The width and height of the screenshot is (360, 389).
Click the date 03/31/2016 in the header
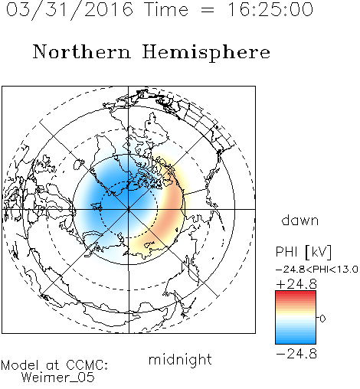[x=69, y=10]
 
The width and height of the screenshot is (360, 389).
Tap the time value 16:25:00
[x=270, y=9]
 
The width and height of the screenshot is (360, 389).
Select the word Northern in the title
[x=82, y=51]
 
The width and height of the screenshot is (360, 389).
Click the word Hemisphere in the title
[x=206, y=53]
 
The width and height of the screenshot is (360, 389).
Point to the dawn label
[x=300, y=220]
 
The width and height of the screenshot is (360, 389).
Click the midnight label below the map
[x=180, y=360]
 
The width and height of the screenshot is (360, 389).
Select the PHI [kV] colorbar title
[x=303, y=252]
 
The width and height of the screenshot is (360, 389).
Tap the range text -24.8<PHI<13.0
[x=317, y=270]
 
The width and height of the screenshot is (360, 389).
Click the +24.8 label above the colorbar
[x=296, y=284]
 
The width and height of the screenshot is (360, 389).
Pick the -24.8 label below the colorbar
[x=296, y=354]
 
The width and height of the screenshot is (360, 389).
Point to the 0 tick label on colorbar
[x=322, y=319]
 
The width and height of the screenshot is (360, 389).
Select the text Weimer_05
[x=57, y=378]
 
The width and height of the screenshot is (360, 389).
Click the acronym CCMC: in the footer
[x=87, y=365]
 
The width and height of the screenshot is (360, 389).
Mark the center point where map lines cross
[x=129, y=210]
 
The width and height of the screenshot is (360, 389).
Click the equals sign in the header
[x=208, y=10]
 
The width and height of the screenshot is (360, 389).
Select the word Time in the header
[x=166, y=9]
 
